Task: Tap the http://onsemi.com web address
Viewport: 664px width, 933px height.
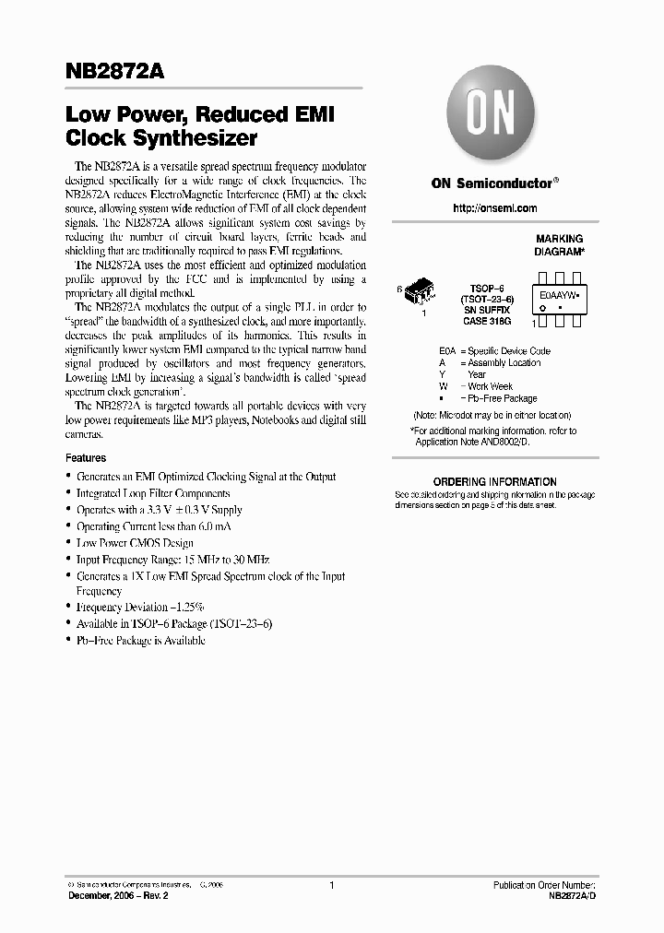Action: click(x=495, y=209)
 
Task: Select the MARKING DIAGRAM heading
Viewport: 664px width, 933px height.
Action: click(x=559, y=244)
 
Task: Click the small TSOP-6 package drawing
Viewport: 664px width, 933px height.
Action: click(x=422, y=295)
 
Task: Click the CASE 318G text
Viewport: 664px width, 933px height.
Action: click(x=488, y=319)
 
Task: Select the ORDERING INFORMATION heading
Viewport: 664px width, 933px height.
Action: click(x=494, y=482)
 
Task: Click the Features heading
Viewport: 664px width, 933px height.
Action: click(x=86, y=458)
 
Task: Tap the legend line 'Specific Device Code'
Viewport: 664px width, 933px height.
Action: click(x=508, y=351)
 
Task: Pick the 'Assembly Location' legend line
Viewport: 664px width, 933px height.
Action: click(x=504, y=363)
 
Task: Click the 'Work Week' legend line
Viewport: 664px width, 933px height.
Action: click(x=490, y=387)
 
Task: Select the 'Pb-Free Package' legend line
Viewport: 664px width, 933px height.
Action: click(x=502, y=399)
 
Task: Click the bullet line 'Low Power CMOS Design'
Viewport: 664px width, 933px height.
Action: click(x=135, y=543)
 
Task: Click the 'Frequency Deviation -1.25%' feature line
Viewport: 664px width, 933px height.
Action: click(x=140, y=608)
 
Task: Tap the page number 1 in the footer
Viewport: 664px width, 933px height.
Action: click(x=331, y=885)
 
